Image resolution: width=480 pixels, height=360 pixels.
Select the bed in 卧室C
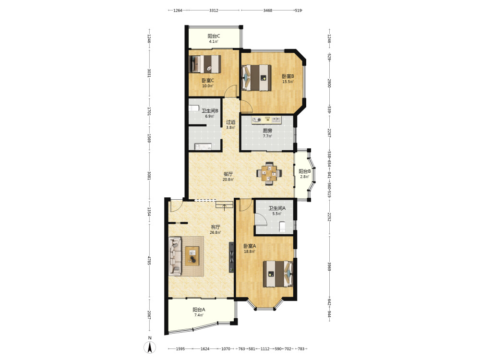coord(205,64)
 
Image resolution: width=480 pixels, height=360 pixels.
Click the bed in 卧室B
coord(256,77)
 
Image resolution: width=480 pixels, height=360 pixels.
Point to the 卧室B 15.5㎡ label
coord(288,79)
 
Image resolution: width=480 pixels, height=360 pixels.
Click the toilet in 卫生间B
coord(194,108)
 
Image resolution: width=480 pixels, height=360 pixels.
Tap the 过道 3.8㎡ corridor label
coord(230,125)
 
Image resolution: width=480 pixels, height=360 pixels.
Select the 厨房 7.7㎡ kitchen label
coord(267,133)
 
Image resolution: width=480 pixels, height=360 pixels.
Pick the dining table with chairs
coord(269,174)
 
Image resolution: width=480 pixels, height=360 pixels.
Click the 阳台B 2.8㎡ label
coord(305,174)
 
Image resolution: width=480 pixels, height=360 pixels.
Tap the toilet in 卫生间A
coord(282,227)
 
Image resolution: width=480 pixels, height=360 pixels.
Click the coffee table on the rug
coord(192,256)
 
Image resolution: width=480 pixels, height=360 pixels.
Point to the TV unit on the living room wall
coord(231,257)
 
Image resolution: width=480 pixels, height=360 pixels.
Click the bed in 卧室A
coord(278,274)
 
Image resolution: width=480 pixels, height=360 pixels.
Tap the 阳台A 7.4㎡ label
coord(199,312)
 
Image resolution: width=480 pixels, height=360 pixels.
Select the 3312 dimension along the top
coord(214,11)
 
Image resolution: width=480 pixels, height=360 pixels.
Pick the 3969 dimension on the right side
coord(329,266)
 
